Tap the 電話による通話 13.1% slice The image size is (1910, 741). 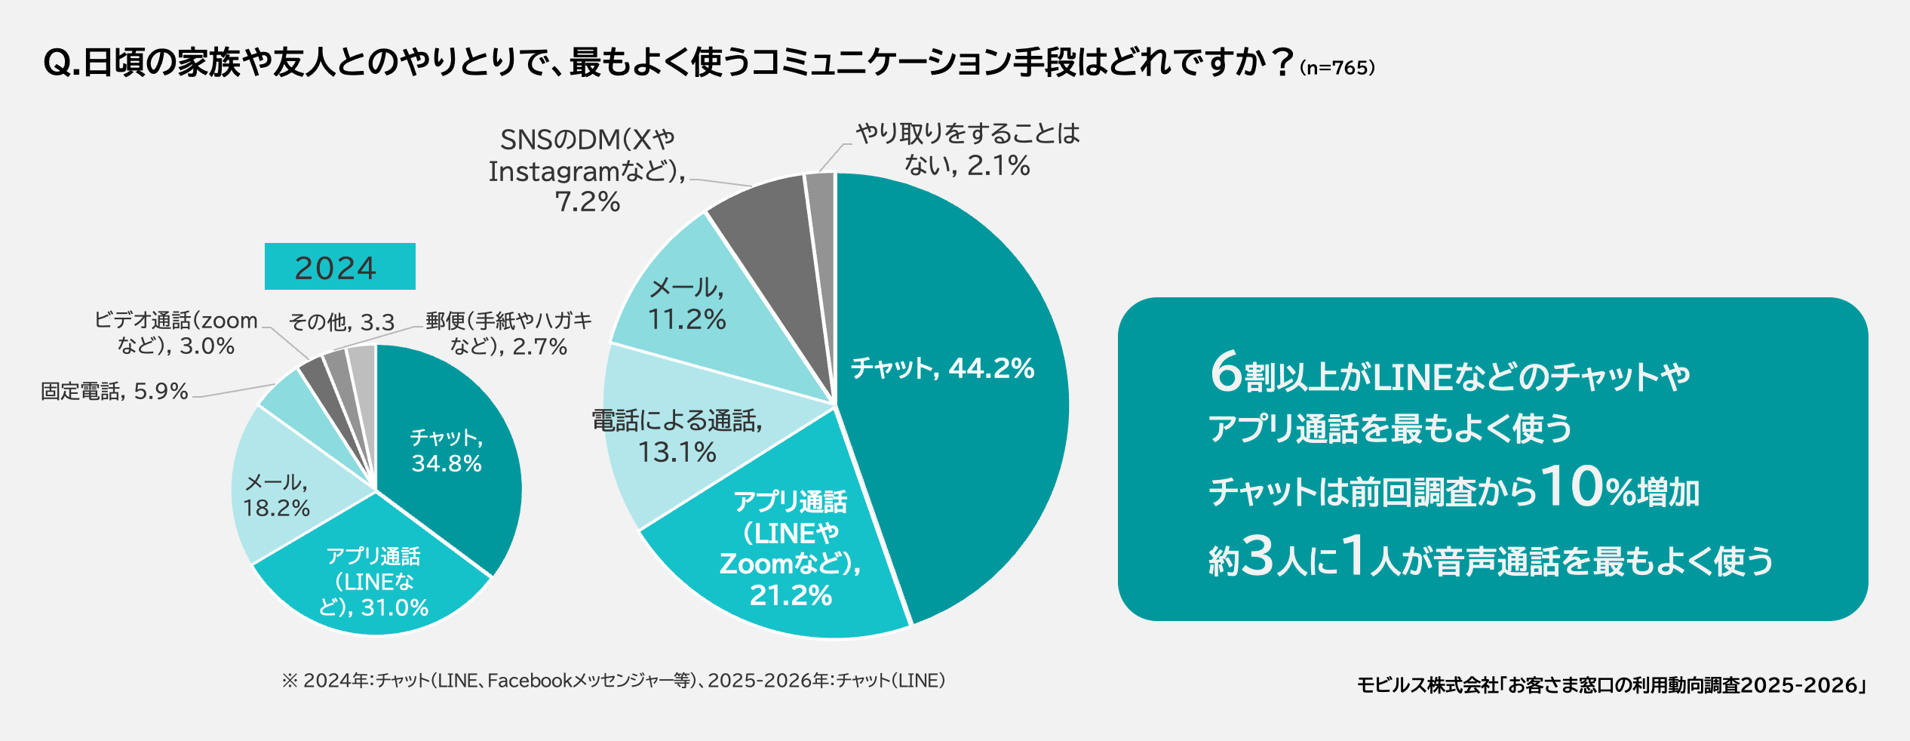pyautogui.click(x=679, y=438)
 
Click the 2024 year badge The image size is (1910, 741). pyautogui.click(x=339, y=266)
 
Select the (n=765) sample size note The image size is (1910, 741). pyautogui.click(x=1337, y=68)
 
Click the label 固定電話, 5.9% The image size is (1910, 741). pyautogui.click(x=114, y=391)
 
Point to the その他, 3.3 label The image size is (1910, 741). pyautogui.click(x=342, y=322)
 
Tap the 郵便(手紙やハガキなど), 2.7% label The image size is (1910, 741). pyautogui.click(x=508, y=333)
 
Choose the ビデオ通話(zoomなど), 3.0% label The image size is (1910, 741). pyautogui.click(x=176, y=333)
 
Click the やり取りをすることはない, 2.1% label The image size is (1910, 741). pyautogui.click(x=968, y=149)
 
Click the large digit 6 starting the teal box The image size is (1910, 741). pyautogui.click(x=1226, y=372)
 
